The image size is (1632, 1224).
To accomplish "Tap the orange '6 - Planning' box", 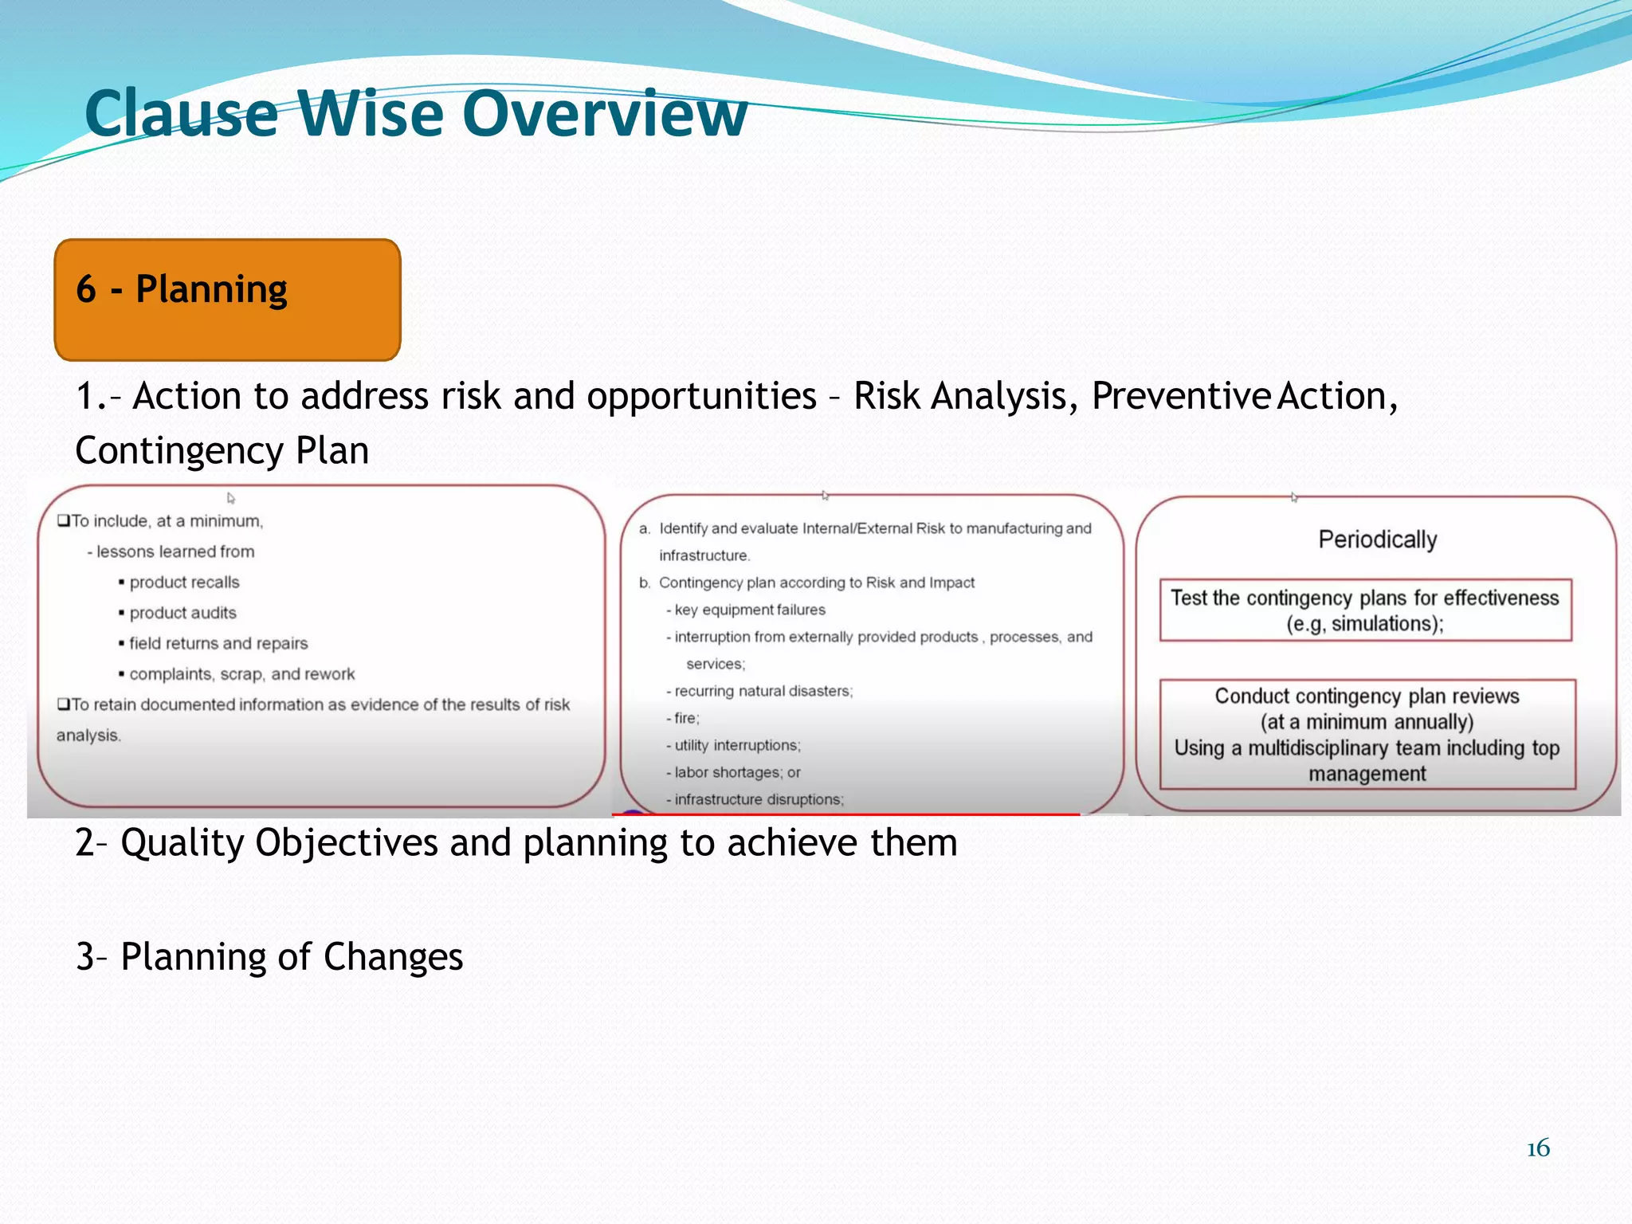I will click(x=227, y=299).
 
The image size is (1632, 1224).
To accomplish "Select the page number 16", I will click(x=1538, y=1148).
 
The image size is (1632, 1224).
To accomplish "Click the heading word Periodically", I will click(x=1377, y=539).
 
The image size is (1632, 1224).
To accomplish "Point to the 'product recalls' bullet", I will click(x=184, y=583).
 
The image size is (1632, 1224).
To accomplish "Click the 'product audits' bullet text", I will click(x=182, y=613).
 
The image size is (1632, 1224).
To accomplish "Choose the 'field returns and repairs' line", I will click(x=218, y=643).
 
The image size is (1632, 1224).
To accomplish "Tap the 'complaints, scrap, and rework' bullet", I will click(x=241, y=674).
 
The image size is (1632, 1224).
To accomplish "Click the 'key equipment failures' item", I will click(x=749, y=610).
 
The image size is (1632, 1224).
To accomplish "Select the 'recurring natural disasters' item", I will click(x=763, y=691).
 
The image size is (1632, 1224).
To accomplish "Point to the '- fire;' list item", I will click(x=684, y=718).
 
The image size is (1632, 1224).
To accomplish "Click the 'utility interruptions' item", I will click(x=736, y=745).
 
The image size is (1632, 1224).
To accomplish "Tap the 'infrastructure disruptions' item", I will click(x=758, y=799).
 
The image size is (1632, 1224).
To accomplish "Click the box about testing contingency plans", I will click(x=1364, y=610).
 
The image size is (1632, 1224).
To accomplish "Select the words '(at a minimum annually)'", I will click(x=1367, y=722).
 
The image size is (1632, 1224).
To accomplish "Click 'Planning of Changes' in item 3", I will click(x=291, y=956).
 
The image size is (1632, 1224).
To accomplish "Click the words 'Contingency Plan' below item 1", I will click(x=222, y=450).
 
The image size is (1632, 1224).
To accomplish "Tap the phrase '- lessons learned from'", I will click(x=171, y=551).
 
